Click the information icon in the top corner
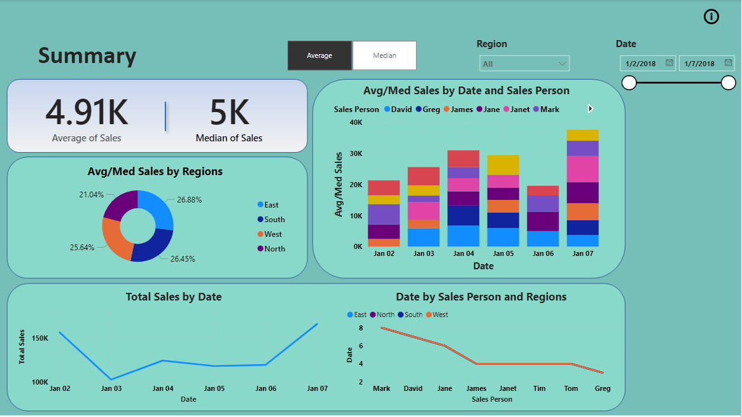(x=711, y=17)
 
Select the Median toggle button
(x=384, y=55)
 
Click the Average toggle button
(x=319, y=55)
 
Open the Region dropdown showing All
(x=524, y=64)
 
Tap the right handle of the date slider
(x=729, y=83)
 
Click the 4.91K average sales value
(x=87, y=113)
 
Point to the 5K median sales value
(x=229, y=113)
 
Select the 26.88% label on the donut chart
(x=189, y=200)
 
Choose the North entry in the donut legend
(x=274, y=249)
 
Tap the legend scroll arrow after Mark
(x=591, y=109)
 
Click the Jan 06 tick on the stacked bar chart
(x=543, y=254)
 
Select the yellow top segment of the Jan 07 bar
(x=583, y=135)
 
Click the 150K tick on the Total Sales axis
(x=39, y=338)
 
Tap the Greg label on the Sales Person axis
(x=602, y=388)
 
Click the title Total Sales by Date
(x=174, y=297)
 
